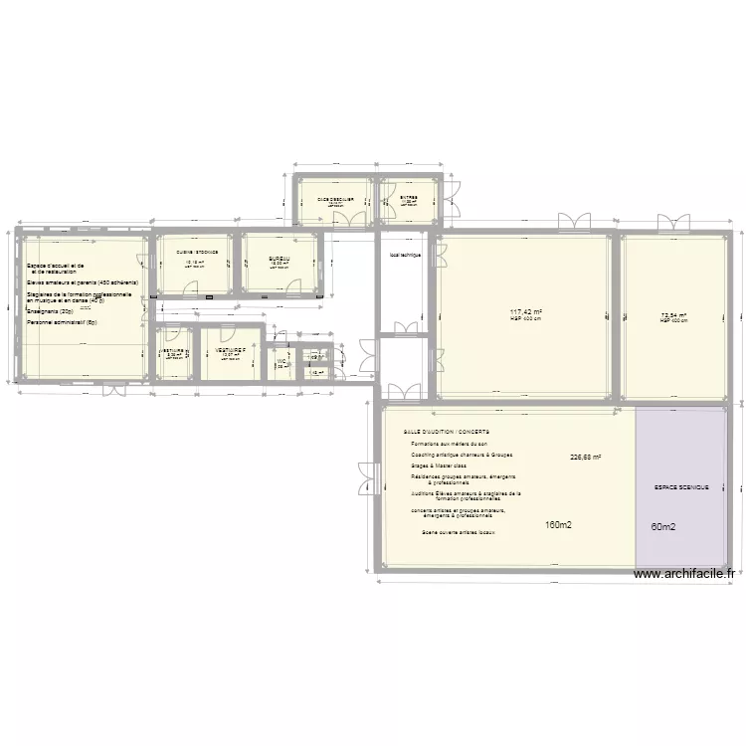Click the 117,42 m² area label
524,312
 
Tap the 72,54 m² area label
673,316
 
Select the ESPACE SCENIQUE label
681,488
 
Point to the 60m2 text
663,527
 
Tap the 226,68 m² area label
586,458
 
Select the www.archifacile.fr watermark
683,574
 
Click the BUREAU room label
279,259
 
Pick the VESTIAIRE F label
230,350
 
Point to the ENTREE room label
409,198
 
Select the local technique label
406,256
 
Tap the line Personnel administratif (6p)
62,322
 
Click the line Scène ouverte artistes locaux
459,532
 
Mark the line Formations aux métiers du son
449,443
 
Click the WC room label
281,361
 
